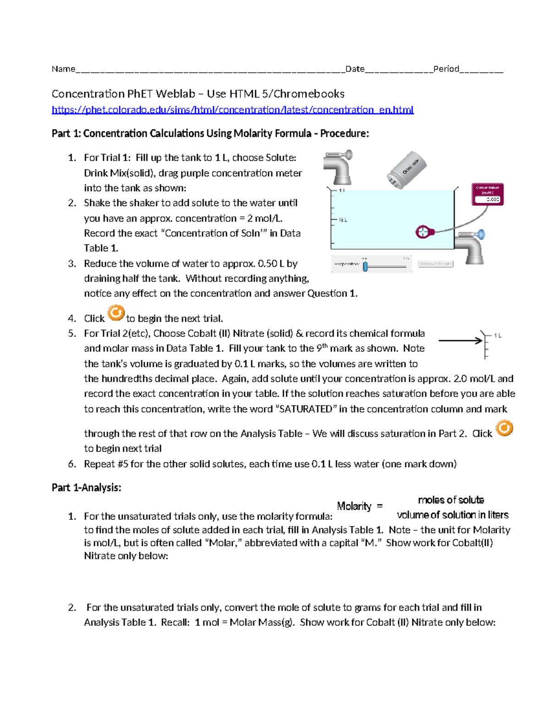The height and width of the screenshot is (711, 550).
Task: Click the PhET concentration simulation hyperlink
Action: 232,110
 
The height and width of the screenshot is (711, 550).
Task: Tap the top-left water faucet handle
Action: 347,155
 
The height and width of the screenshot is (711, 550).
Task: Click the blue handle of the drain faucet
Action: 481,234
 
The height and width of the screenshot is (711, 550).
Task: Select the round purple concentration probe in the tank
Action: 422,232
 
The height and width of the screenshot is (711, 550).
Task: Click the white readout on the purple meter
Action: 487,199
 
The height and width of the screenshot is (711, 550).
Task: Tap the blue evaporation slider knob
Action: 365,266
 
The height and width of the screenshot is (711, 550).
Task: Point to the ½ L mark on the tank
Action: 342,220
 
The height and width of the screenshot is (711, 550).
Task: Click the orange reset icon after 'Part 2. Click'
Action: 505,428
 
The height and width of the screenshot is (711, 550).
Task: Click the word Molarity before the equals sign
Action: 354,506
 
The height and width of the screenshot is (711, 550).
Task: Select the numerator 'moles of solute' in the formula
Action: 451,500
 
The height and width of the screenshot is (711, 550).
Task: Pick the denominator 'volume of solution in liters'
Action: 453,515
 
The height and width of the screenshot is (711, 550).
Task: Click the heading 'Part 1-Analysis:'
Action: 86,488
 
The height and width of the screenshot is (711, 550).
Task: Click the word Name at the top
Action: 63,69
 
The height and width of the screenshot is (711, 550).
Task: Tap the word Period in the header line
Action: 446,69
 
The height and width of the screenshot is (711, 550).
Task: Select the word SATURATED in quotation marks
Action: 305,409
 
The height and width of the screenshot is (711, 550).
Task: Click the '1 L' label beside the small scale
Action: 497,336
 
